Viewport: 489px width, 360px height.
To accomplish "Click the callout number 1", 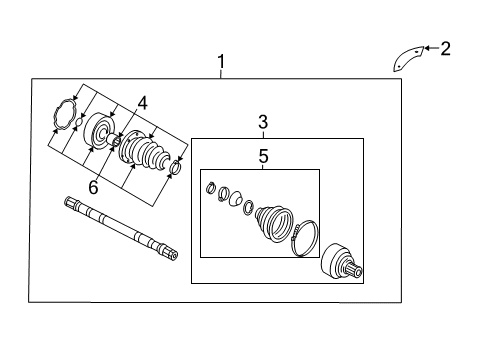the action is (x=221, y=62).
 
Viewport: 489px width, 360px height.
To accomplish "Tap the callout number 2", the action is (x=445, y=49).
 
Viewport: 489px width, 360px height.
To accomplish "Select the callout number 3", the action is (x=263, y=122).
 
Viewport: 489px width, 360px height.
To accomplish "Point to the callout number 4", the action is (x=142, y=103).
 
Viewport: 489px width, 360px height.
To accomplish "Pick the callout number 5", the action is (x=263, y=156).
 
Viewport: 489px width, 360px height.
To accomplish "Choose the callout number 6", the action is (x=93, y=187).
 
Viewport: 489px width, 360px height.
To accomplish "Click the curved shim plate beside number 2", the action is (x=408, y=59).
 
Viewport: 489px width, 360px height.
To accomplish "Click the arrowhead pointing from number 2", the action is (x=427, y=48).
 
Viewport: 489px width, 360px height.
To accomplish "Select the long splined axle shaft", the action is (x=121, y=228).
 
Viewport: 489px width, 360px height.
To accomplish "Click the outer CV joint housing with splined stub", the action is (x=341, y=262).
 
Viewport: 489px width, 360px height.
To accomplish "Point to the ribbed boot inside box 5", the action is (x=274, y=223).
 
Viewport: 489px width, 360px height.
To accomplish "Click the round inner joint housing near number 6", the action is (x=99, y=130).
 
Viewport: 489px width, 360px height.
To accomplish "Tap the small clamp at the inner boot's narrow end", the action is (x=176, y=166).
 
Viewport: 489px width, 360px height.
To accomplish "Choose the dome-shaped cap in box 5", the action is (x=236, y=198).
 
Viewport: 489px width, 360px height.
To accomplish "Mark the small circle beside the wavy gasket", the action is (x=78, y=122).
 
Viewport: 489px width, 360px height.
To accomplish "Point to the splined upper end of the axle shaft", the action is (x=71, y=201).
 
